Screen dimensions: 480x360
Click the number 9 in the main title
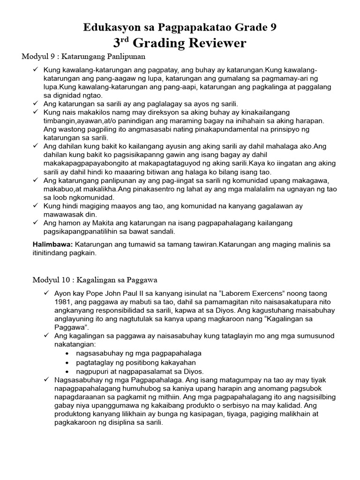pyautogui.click(x=272, y=27)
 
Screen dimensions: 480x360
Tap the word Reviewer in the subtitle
pyautogui.click(x=215, y=43)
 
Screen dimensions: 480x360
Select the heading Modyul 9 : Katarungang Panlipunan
pyautogui.click(x=84, y=57)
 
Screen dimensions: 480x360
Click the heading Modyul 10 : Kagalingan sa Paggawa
pyautogui.click(x=95, y=280)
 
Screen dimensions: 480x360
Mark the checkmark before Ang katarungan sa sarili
pyautogui.click(x=36, y=104)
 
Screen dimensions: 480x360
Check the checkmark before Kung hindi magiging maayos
pyautogui.click(x=36, y=206)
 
